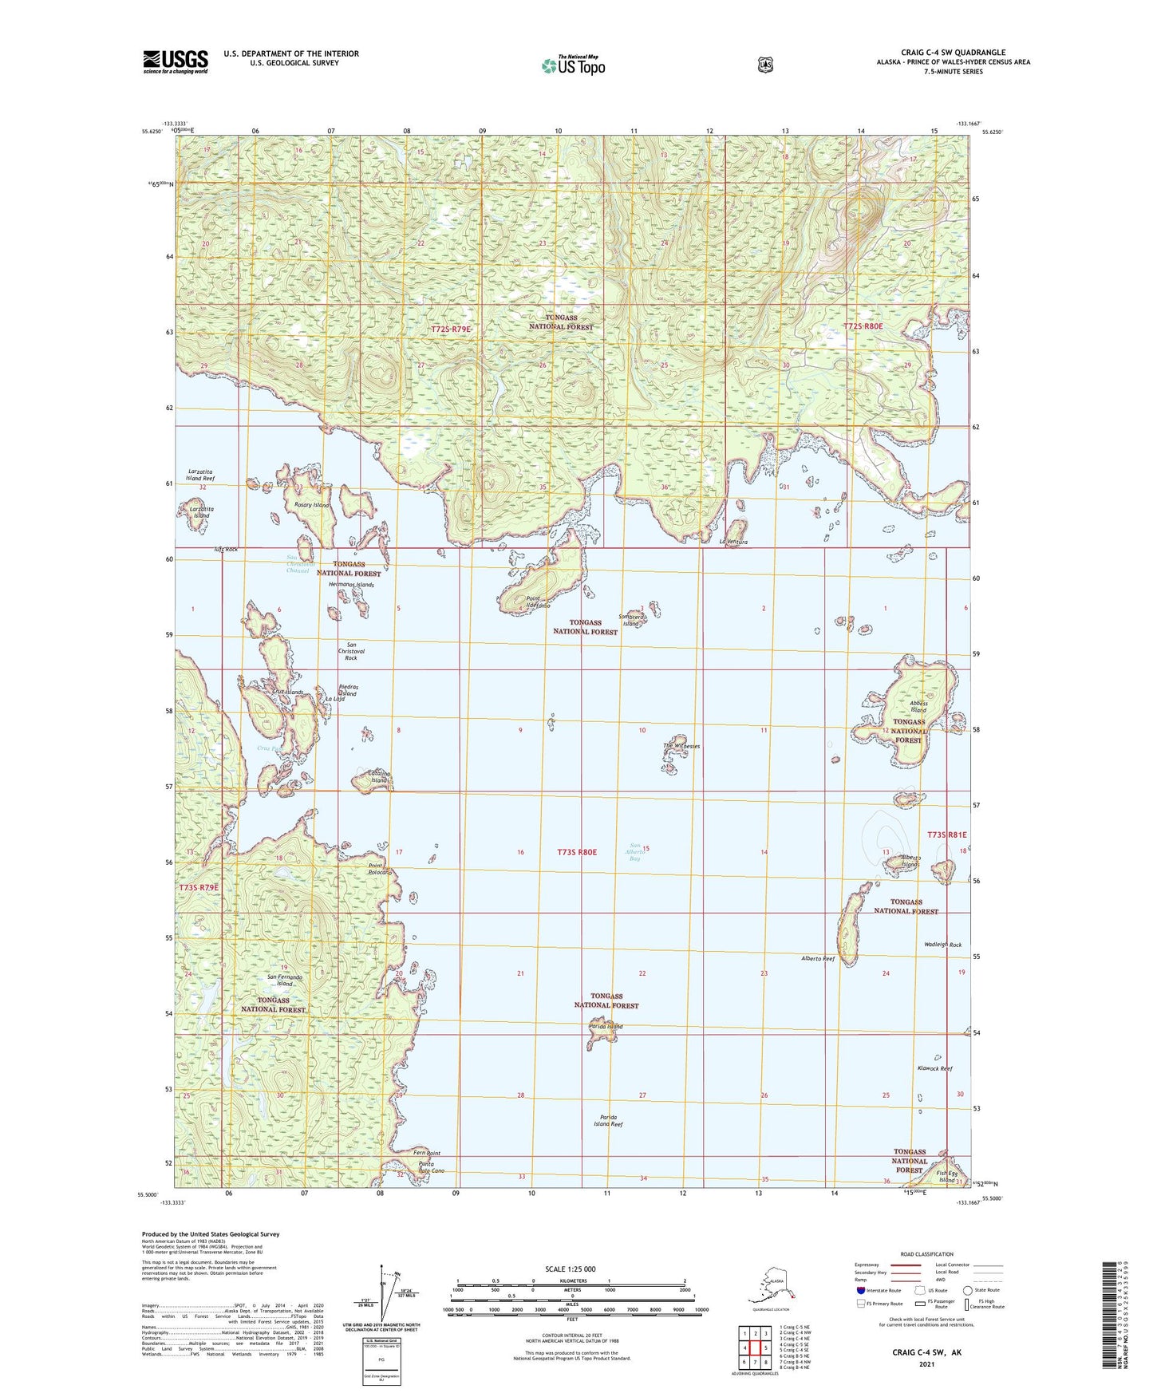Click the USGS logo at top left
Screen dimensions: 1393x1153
[176, 61]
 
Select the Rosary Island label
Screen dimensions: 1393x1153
[311, 505]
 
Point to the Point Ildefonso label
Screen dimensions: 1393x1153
[538, 602]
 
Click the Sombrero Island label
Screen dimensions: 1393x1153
[630, 620]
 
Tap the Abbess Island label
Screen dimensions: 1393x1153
[918, 706]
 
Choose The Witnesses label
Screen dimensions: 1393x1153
[681, 746]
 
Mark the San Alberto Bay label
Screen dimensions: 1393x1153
[636, 852]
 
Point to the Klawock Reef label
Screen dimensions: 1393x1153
[934, 1068]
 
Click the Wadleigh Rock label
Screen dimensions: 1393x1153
[942, 945]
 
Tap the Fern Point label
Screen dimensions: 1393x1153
[427, 1153]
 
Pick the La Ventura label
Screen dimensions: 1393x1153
[732, 543]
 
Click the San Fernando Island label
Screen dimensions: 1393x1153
[285, 981]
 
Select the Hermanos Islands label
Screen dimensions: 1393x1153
[351, 585]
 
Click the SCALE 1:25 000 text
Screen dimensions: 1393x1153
[570, 1269]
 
